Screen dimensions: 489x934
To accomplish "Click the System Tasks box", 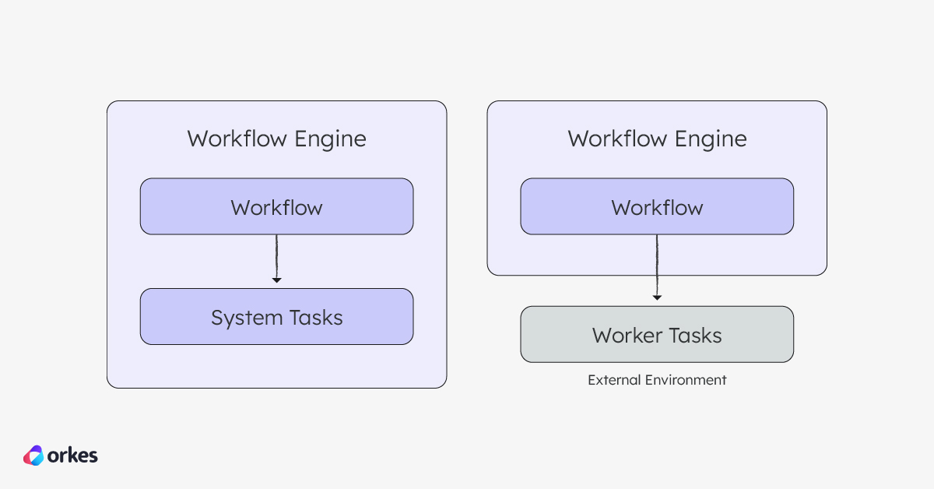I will [276, 317].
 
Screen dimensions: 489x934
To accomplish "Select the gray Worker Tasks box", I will [657, 334].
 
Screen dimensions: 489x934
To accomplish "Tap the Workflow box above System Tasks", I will [276, 206].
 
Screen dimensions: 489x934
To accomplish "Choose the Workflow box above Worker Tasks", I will [657, 206].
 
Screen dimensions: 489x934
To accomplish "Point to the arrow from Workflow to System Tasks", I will [276, 257].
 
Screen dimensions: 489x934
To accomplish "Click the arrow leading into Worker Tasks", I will [657, 265].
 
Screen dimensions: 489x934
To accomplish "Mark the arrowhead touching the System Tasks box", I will [276, 280].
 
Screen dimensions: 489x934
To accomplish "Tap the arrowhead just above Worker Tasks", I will [657, 297].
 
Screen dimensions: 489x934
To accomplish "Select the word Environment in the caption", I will [683, 380].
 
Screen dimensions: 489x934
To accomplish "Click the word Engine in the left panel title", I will [330, 139].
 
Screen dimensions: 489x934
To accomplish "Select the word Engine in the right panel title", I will [711, 139].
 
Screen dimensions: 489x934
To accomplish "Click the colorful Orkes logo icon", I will [33, 455].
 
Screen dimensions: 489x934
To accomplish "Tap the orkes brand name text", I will [73, 455].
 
